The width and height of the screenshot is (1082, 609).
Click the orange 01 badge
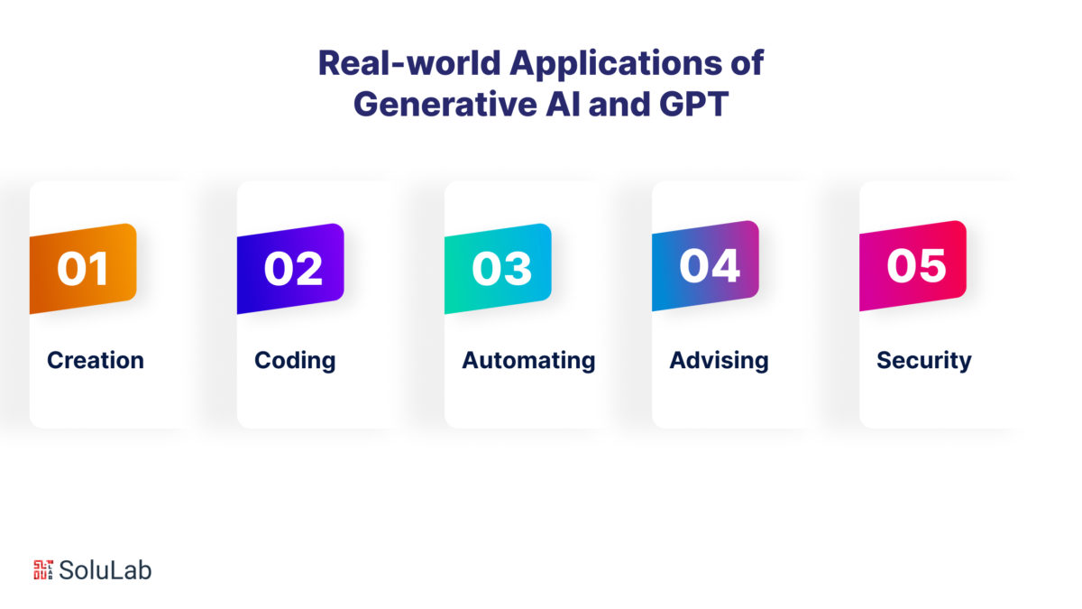83,268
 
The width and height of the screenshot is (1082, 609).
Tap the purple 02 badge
290,268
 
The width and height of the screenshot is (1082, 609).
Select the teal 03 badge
498,268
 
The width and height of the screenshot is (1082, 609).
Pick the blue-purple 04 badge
705,265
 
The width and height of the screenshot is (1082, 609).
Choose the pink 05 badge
912,265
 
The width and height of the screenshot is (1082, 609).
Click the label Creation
96,360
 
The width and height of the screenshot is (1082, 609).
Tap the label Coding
295,361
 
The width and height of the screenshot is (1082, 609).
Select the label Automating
528,361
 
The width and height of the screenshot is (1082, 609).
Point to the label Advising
719,361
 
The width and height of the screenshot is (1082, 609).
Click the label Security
924,361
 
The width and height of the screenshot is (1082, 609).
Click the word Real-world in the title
409,63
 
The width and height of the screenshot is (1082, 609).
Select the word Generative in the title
445,105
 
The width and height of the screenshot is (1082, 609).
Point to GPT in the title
693,105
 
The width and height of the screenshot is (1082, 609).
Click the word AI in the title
563,105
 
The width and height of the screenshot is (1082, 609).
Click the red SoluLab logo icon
43,570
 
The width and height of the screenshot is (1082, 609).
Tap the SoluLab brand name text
105,570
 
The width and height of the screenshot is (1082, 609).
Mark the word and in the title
619,105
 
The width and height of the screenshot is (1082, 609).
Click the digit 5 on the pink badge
931,266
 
